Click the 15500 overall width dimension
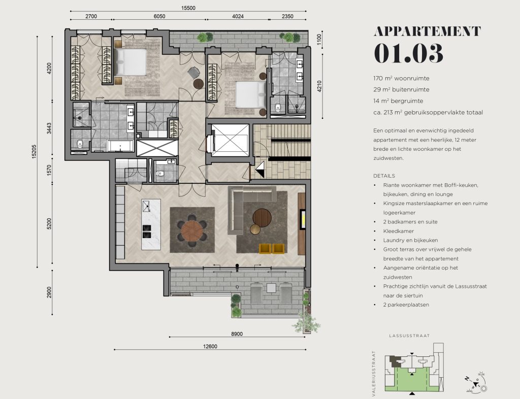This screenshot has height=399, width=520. [188, 8]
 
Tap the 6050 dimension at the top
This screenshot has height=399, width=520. [159, 16]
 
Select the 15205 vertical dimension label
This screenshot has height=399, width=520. [34, 151]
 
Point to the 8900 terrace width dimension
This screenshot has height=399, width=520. [237, 334]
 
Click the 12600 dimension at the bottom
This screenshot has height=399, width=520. [210, 346]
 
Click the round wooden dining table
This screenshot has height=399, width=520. [192, 230]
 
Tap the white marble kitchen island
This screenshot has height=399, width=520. [151, 224]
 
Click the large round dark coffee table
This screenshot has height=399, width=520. [262, 218]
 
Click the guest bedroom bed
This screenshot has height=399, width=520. [251, 94]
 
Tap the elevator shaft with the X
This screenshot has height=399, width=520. [230, 140]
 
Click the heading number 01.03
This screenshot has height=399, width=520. [408, 53]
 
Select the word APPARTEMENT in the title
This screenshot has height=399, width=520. [427, 31]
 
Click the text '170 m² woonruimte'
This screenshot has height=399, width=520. [401, 79]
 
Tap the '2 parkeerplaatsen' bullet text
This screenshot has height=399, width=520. [406, 305]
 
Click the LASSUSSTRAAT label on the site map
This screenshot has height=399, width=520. [409, 336]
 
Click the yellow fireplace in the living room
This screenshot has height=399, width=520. [303, 219]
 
